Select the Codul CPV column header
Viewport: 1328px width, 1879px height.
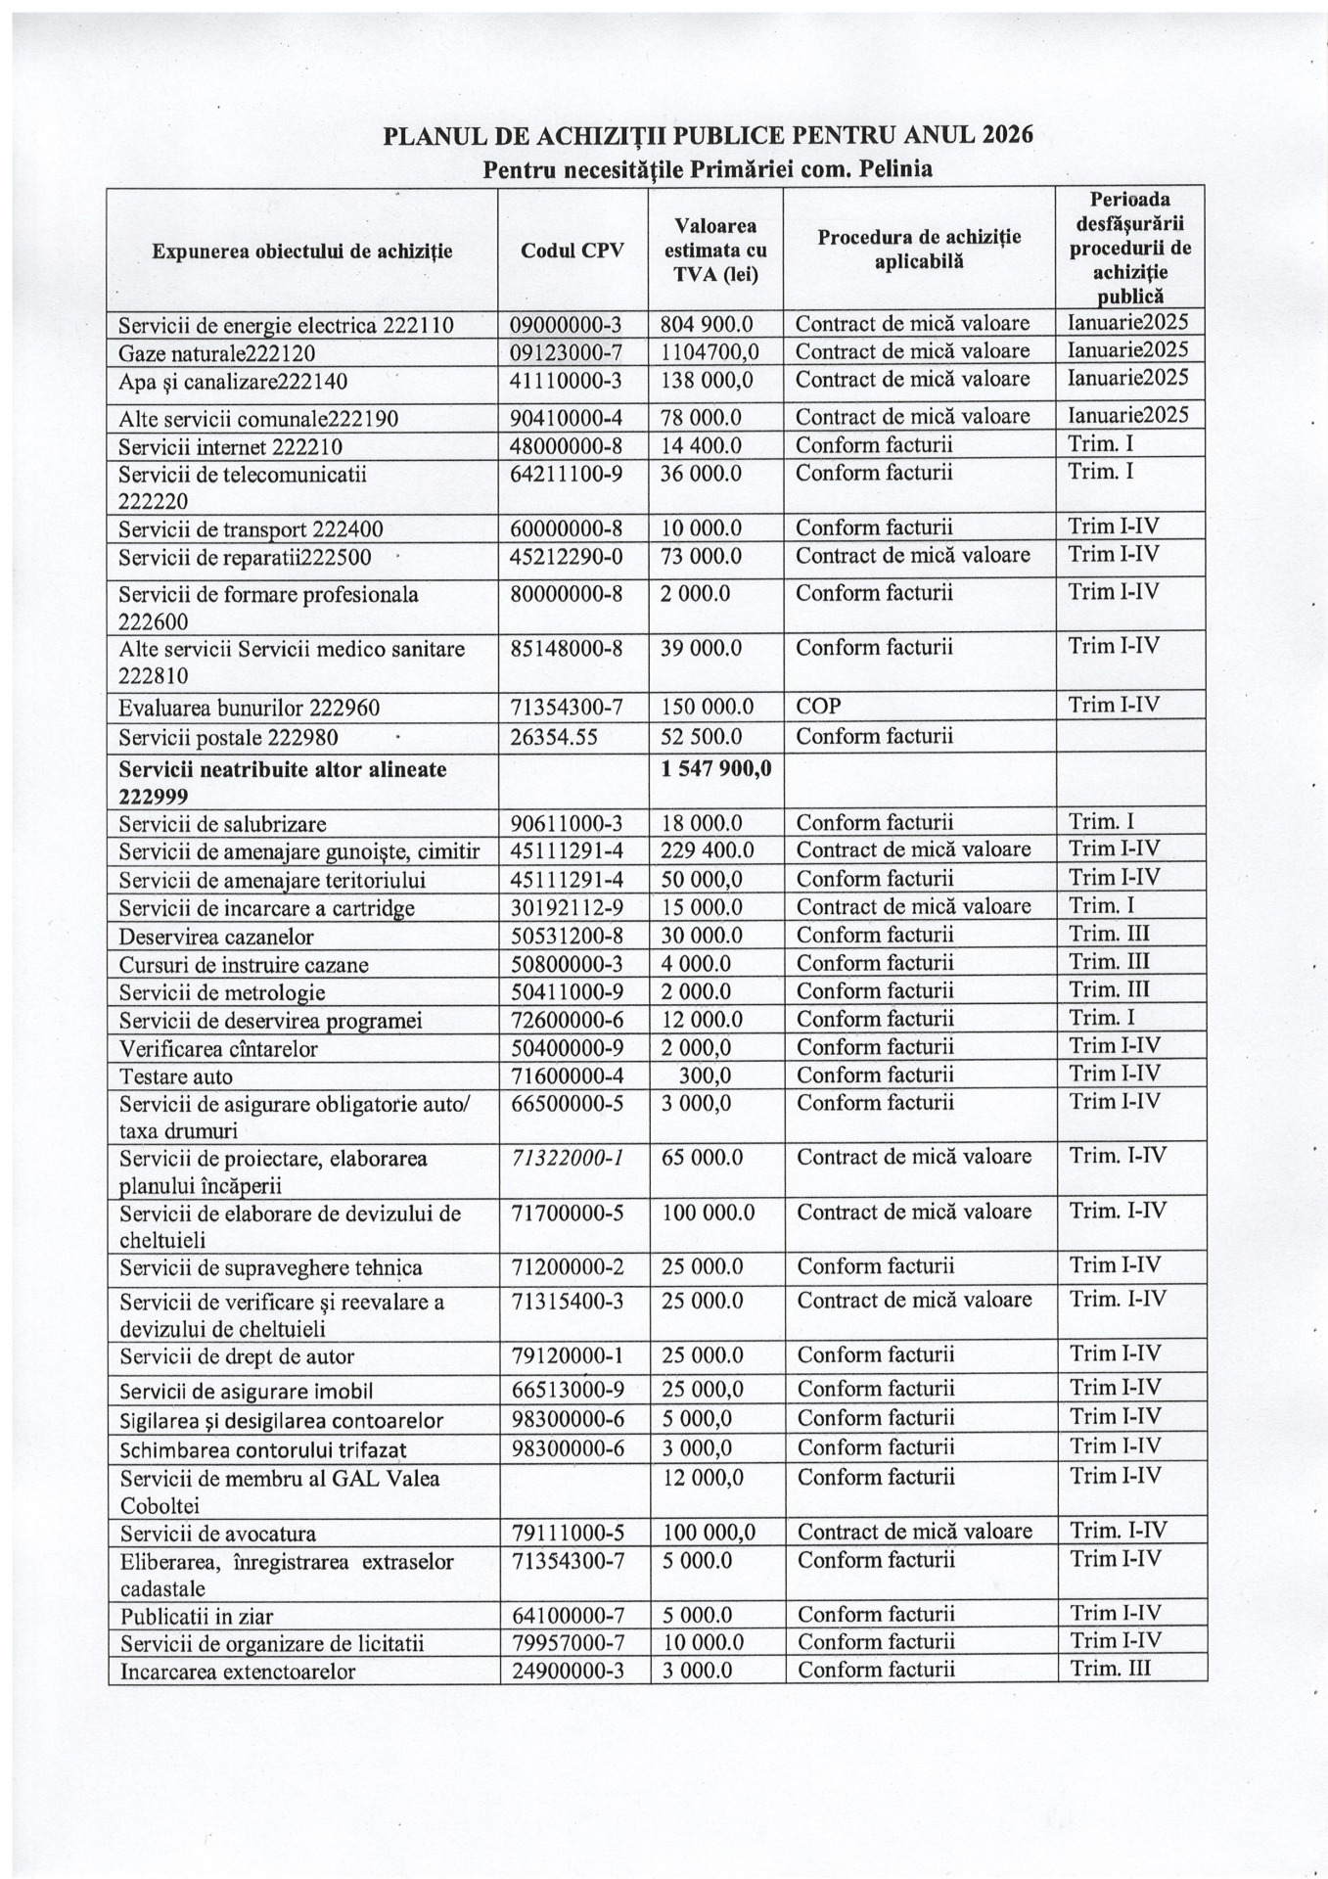[572, 251]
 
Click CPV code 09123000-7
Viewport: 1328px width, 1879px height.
[567, 351]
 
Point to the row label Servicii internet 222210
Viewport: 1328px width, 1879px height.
[231, 447]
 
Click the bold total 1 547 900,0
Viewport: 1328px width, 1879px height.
[716, 769]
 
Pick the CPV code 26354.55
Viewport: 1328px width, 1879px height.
[554, 736]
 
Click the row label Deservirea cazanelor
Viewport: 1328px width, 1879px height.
[217, 937]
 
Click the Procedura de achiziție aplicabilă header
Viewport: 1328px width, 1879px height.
[919, 249]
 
